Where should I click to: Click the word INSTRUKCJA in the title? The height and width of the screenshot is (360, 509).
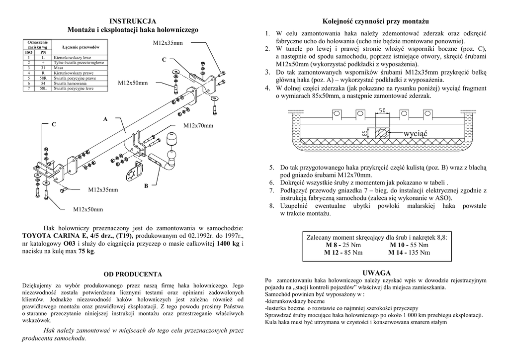pyautogui.click(x=133, y=21)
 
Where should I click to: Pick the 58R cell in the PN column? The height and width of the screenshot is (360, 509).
pyautogui.click(x=43, y=78)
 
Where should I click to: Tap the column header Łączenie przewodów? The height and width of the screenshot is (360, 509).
pyautogui.click(x=79, y=46)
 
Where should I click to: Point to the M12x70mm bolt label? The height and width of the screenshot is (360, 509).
pyautogui.click(x=198, y=126)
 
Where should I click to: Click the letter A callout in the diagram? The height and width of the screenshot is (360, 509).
pyautogui.click(x=105, y=119)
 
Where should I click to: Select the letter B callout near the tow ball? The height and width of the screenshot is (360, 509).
pyautogui.click(x=146, y=186)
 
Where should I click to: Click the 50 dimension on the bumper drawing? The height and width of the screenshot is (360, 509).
pyautogui.click(x=382, y=110)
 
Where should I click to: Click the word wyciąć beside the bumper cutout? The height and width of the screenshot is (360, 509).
pyautogui.click(x=416, y=133)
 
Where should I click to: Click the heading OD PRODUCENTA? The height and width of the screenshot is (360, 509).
pyautogui.click(x=132, y=274)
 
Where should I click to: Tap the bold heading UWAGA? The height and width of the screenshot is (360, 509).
pyautogui.click(x=376, y=273)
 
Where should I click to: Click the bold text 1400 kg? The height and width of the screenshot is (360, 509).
pyautogui.click(x=228, y=244)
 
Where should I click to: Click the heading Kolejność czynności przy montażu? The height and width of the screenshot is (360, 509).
pyautogui.click(x=376, y=21)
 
